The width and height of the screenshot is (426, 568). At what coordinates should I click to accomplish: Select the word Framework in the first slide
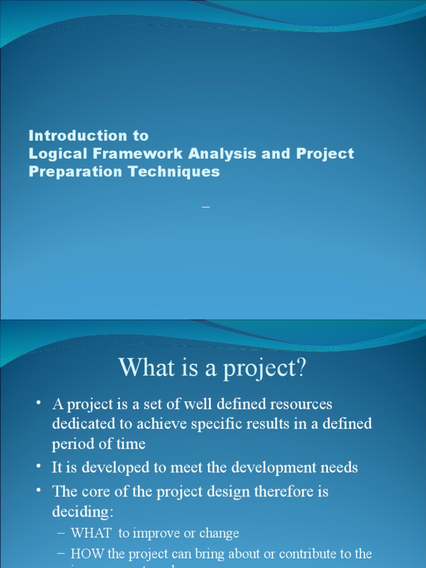click(x=130, y=154)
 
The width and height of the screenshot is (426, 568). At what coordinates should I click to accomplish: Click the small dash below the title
click(x=206, y=207)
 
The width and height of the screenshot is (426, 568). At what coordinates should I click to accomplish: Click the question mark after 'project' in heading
click(x=301, y=368)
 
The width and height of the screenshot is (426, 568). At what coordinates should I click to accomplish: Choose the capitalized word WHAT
click(x=92, y=534)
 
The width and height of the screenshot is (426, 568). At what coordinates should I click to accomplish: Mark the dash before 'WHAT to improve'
click(x=62, y=534)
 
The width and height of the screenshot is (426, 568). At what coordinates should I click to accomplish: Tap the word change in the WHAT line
click(x=220, y=534)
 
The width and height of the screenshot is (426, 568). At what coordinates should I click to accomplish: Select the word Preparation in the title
click(x=76, y=172)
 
